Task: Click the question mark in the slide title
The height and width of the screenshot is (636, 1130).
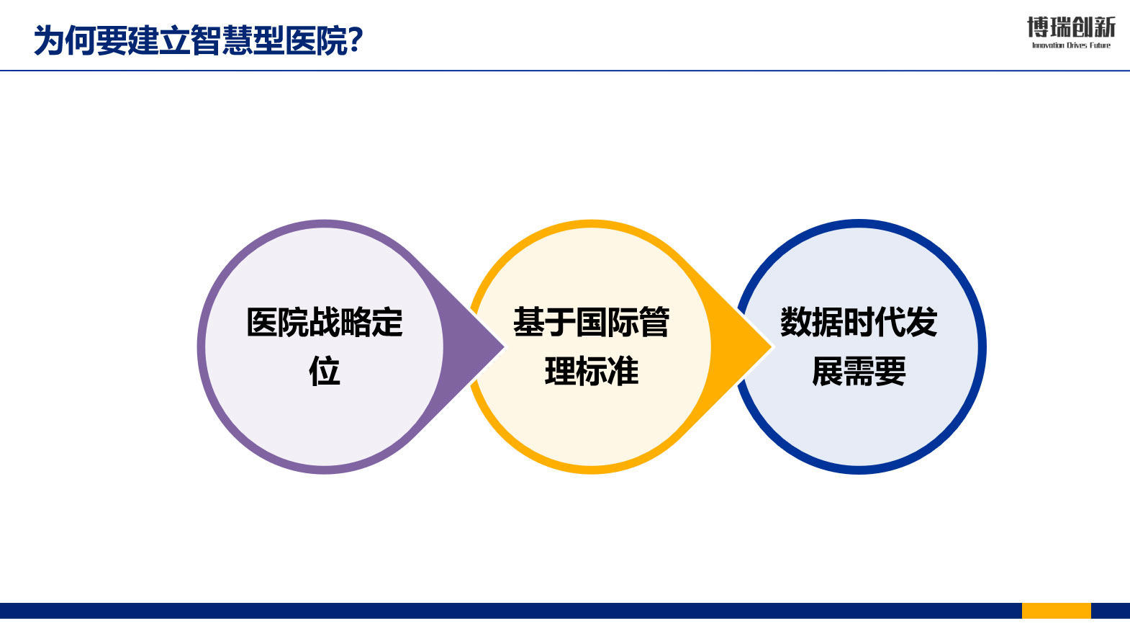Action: tap(355, 40)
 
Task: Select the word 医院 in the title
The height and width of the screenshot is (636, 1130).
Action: tap(316, 40)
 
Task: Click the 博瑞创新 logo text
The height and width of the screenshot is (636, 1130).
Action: tap(1071, 27)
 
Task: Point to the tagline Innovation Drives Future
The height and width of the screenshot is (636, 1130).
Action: tap(1071, 45)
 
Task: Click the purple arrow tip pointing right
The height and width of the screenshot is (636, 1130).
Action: tap(503, 346)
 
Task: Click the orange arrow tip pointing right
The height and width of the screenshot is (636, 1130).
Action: tap(771, 346)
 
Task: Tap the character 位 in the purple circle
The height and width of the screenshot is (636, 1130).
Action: tap(325, 371)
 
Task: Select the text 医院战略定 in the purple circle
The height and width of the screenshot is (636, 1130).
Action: tap(325, 322)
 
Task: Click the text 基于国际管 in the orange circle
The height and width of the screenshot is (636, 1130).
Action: tap(591, 322)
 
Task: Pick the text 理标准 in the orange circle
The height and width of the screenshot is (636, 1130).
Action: tap(591, 371)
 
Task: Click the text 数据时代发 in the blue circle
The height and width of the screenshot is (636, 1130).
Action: tap(859, 322)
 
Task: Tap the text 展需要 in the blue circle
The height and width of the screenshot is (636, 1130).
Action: tap(859, 371)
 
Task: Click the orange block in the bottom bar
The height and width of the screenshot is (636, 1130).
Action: tap(1057, 610)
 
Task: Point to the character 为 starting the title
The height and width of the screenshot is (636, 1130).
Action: tap(49, 40)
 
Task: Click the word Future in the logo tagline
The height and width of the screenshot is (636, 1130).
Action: tap(1100, 45)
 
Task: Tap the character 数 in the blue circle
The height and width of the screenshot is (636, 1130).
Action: tap(796, 322)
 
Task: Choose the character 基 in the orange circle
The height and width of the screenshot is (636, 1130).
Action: tap(529, 322)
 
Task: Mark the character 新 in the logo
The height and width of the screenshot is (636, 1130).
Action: tap(1105, 27)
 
